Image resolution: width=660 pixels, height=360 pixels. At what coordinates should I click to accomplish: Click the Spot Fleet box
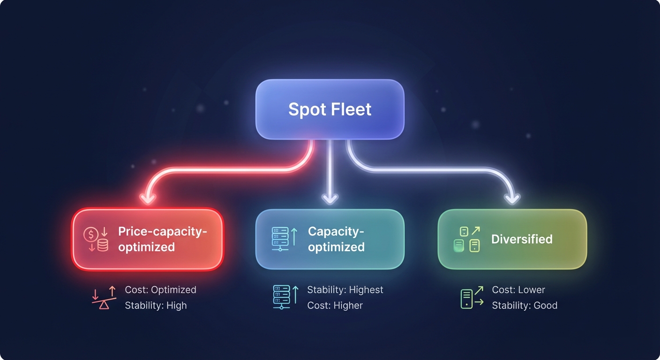(x=330, y=109)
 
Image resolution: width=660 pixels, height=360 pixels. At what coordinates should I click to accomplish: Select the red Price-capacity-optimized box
(x=147, y=239)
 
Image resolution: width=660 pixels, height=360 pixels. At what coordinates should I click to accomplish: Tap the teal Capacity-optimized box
(x=330, y=239)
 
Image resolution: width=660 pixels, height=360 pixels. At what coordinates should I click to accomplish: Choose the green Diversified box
(x=512, y=239)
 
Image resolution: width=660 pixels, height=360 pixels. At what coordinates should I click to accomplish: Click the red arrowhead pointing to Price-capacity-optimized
(x=148, y=198)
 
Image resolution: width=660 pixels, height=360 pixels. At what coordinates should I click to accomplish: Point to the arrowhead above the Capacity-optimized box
(x=330, y=198)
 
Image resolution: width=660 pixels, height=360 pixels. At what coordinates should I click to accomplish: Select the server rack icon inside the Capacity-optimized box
(x=280, y=239)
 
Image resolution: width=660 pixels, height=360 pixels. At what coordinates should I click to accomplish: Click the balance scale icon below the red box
(x=104, y=298)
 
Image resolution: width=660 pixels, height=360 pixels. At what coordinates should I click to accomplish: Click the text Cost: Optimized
(x=160, y=290)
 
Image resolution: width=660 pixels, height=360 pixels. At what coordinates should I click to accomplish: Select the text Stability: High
(x=156, y=306)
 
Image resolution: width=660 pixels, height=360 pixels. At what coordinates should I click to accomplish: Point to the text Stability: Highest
(x=345, y=290)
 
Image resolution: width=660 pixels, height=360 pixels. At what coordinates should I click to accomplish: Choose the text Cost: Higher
(x=335, y=306)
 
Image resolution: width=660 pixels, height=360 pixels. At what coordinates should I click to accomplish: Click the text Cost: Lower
(x=518, y=290)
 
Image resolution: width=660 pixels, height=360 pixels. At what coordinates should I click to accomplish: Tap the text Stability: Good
(x=524, y=306)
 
